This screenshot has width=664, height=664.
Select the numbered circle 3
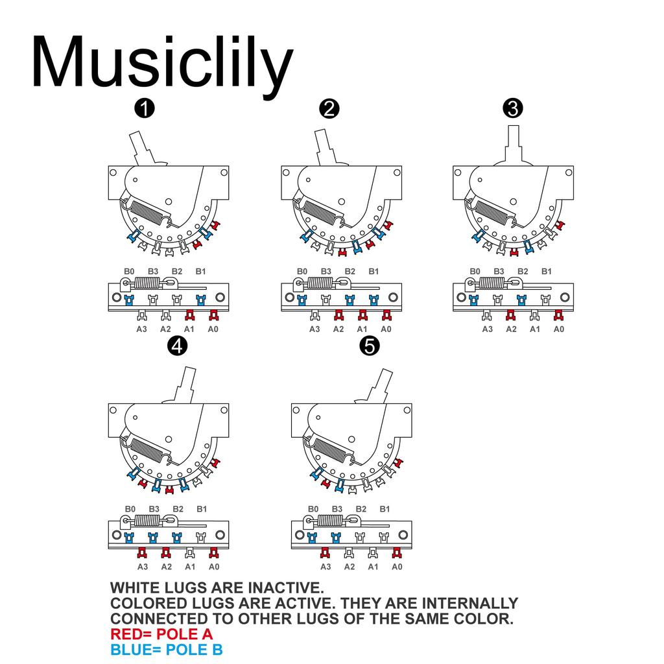click(513, 108)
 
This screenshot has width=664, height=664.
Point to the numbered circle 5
click(369, 346)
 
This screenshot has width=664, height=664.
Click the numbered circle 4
click(177, 346)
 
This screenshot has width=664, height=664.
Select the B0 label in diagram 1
click(130, 271)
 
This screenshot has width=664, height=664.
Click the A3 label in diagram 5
click(326, 567)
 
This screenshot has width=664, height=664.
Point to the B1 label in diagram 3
click(547, 271)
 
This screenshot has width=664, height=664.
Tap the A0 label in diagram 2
click(386, 329)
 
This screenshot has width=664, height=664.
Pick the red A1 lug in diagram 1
click(190, 316)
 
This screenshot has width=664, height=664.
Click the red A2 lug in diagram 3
click(511, 316)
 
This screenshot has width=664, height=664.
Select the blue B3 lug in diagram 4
click(153, 538)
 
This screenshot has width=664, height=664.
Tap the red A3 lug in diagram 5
click(326, 553)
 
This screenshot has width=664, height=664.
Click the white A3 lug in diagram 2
click(314, 316)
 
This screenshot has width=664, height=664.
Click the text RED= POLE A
click(161, 634)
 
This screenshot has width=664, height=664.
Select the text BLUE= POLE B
click(166, 650)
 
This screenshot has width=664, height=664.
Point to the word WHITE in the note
click(138, 588)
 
